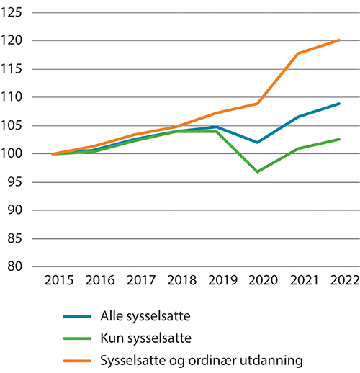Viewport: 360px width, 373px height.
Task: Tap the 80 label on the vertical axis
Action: tap(17, 267)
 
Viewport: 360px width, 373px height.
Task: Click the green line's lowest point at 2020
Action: tap(257, 171)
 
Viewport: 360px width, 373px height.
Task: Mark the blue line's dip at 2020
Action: tap(257, 143)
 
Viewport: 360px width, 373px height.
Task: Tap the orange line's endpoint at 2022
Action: tap(338, 40)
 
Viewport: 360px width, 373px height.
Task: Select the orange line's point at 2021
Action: tap(298, 53)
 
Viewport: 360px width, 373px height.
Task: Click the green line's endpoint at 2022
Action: tap(338, 139)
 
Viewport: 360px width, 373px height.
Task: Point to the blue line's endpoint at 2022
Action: tap(338, 104)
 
